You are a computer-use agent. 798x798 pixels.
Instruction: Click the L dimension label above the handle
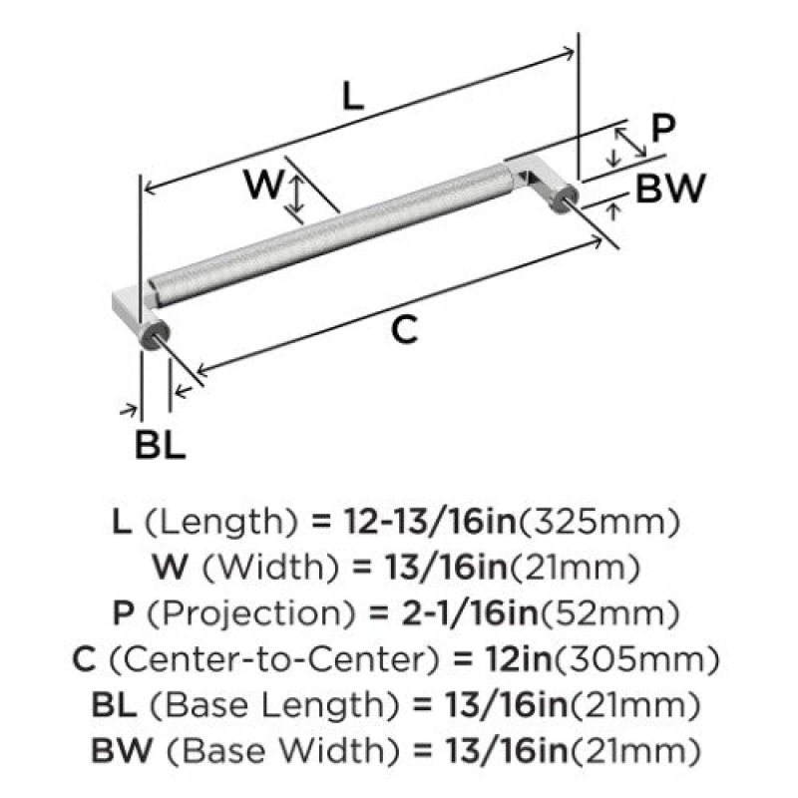[x=353, y=96]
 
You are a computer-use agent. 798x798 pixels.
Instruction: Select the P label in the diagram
[x=663, y=129]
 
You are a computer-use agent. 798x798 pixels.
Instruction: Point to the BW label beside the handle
[x=670, y=188]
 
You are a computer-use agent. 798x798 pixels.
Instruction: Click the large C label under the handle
[x=405, y=329]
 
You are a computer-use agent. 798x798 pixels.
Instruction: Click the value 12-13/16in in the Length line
[x=430, y=522]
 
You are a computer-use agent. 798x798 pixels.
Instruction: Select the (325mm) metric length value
[x=598, y=522]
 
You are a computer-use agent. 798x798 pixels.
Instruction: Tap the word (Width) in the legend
[x=270, y=567]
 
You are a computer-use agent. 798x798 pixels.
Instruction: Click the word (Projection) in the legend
[x=250, y=612]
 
